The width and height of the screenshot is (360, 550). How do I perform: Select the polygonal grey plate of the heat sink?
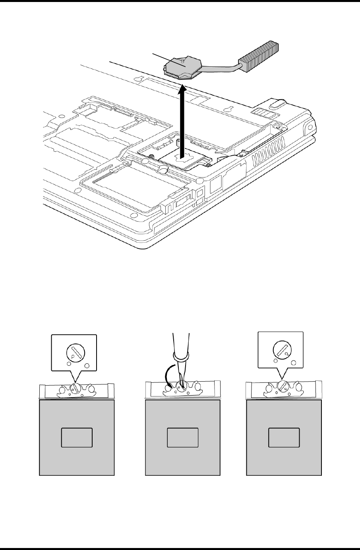tap(183, 67)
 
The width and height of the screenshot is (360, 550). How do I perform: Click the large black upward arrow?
tap(182, 119)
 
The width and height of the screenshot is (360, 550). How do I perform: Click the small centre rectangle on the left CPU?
tap(77, 437)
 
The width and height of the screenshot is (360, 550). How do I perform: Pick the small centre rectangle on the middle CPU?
tap(182, 437)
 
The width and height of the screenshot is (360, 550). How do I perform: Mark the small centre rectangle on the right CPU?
tap(284, 437)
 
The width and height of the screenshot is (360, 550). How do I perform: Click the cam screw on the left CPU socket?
tap(76, 389)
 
